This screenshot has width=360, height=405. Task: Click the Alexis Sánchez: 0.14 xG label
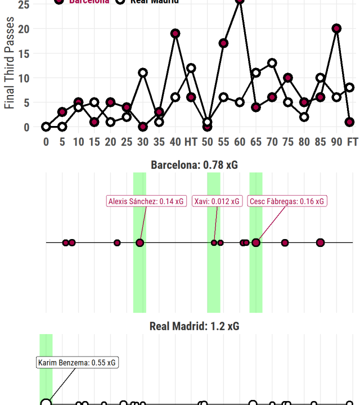(x=146, y=201)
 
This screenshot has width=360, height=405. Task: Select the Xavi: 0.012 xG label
(x=217, y=201)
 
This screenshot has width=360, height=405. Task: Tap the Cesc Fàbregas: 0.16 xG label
(x=287, y=201)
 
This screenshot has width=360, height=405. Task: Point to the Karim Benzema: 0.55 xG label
(x=78, y=363)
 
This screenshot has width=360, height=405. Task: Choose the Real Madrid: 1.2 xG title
(x=194, y=326)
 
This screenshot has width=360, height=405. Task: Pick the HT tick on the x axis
(x=191, y=141)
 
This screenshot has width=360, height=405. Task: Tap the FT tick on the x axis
(x=352, y=141)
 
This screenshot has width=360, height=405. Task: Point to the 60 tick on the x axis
(x=240, y=141)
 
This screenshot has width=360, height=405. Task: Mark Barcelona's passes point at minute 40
(x=175, y=34)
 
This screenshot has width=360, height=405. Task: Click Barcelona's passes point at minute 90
(x=336, y=29)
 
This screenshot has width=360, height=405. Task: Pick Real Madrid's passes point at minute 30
(x=143, y=73)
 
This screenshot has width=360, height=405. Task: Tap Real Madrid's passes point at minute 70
(x=272, y=63)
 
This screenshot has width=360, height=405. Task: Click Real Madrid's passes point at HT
(x=191, y=68)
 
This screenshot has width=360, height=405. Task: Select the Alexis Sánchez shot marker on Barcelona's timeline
(x=140, y=242)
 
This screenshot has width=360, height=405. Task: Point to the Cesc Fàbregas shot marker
(x=256, y=242)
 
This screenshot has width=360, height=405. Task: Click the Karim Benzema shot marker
(x=46, y=403)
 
